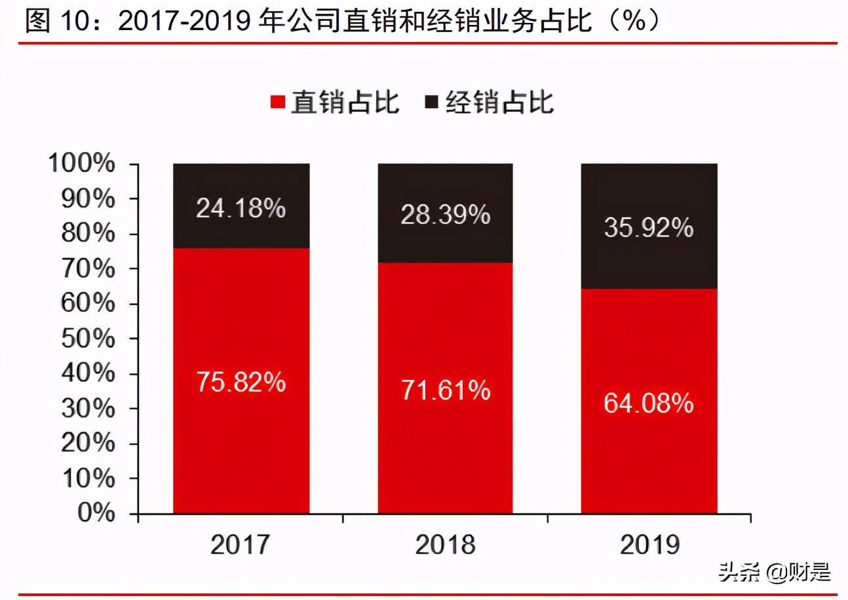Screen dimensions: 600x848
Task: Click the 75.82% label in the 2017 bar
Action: click(241, 383)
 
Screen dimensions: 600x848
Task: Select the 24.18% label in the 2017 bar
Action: click(241, 209)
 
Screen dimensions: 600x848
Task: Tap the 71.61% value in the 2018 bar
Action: click(446, 390)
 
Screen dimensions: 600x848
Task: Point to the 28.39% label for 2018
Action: click(446, 215)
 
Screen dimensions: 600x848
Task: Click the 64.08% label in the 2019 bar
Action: click(649, 402)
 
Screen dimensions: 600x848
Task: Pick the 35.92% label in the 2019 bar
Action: click(649, 229)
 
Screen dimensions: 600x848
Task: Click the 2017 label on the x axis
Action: click(241, 545)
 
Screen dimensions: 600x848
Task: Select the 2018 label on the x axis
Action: click(446, 545)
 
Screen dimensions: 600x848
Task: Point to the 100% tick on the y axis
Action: click(82, 164)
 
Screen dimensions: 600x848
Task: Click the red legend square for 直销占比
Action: click(278, 103)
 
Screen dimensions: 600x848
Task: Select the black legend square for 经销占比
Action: click(432, 103)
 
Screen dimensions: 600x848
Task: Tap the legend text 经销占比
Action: click(499, 103)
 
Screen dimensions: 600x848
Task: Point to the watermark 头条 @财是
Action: click(775, 573)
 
